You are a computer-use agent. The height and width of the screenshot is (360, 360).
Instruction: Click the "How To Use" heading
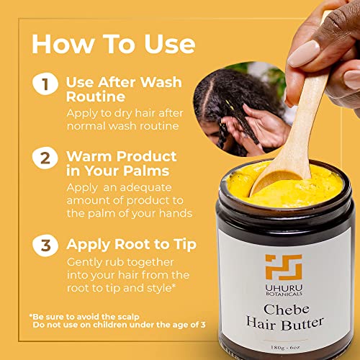113,44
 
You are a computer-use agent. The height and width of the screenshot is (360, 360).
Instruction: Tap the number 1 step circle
45,84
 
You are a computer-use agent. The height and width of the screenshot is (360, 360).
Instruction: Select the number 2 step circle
45,158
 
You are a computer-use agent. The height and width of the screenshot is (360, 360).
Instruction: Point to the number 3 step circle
45,246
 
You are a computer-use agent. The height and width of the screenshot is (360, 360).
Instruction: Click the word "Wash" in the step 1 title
161,82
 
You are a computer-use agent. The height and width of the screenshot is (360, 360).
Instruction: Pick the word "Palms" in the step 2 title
146,171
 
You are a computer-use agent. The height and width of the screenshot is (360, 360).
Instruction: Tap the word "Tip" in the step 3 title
185,246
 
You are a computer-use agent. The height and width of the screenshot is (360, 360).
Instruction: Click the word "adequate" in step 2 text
145,187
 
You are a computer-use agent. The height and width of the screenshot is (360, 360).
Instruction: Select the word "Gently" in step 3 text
84,263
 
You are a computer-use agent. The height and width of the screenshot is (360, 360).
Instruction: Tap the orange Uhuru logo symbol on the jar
284,267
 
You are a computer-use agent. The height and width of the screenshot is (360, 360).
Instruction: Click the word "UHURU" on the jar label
284,288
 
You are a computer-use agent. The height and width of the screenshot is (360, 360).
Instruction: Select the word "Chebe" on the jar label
286,310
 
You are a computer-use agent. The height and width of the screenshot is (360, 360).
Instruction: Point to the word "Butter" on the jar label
302,324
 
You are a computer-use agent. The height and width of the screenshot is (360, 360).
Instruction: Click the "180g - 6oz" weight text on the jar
285,347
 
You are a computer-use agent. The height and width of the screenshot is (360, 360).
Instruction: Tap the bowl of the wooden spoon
276,181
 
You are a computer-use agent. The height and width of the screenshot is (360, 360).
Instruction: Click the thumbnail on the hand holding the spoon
304,53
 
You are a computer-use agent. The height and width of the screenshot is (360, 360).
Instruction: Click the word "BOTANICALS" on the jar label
284,294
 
